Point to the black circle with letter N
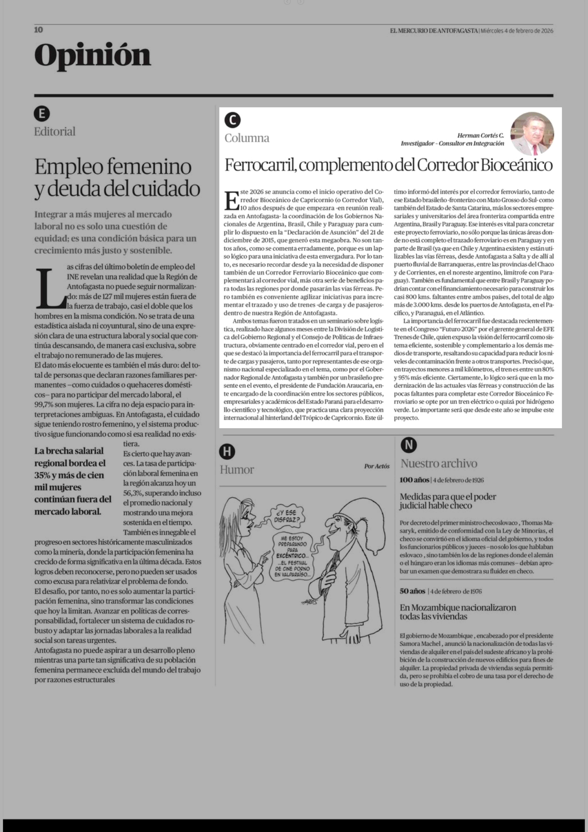pyautogui.click(x=409, y=445)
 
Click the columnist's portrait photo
pyautogui.click(x=532, y=133)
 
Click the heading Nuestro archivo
pyautogui.click(x=439, y=463)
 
